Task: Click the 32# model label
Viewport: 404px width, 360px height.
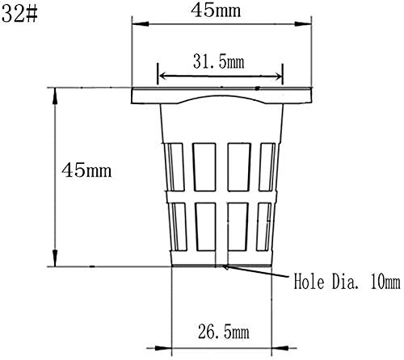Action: tap(19, 13)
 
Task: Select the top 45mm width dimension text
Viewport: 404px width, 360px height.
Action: tap(216, 10)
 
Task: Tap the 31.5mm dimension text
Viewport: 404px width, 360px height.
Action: tap(218, 62)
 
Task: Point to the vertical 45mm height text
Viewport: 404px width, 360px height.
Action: tap(86, 170)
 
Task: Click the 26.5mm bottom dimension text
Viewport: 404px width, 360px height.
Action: tap(224, 332)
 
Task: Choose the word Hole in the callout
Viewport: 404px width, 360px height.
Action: tap(308, 282)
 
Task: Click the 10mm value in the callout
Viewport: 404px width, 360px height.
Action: tap(385, 282)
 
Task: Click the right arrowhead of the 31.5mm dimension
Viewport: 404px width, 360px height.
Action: tap(276, 77)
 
